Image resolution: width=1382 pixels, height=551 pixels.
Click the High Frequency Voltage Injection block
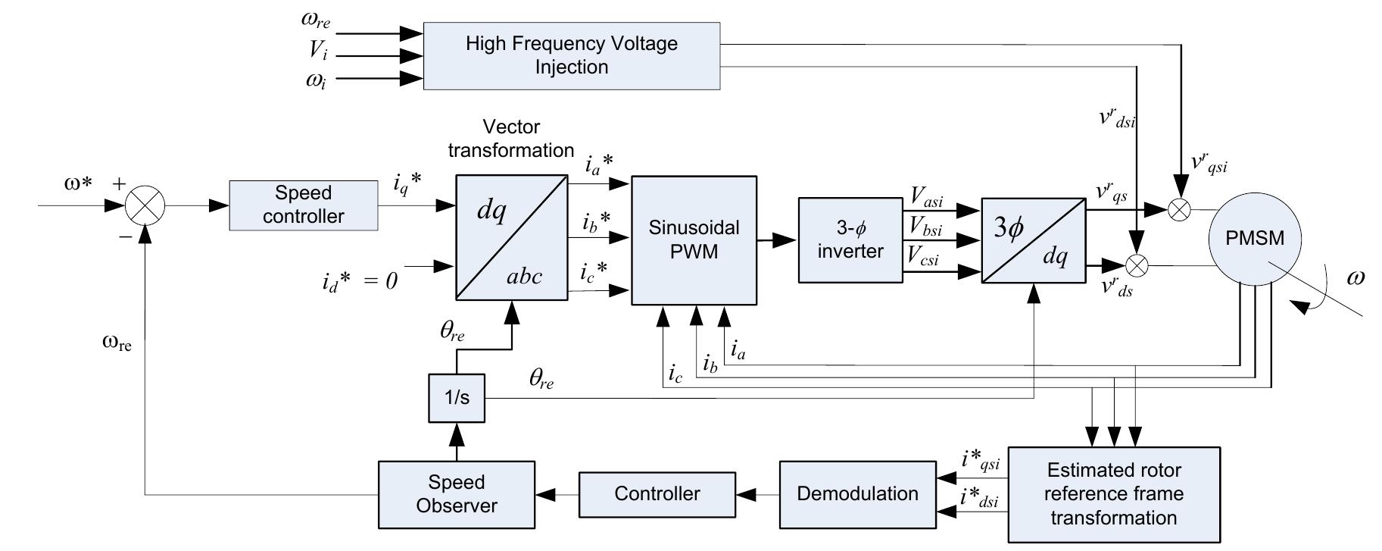[571, 55]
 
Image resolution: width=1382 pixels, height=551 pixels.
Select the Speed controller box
[303, 205]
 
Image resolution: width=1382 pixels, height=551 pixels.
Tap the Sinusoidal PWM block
[694, 239]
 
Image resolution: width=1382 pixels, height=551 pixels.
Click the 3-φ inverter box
[850, 239]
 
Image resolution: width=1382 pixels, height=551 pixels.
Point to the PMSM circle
[1255, 239]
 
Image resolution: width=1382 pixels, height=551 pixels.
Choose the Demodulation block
[857, 494]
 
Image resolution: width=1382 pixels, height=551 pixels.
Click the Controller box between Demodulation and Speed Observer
[657, 494]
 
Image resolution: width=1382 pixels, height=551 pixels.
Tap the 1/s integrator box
[456, 397]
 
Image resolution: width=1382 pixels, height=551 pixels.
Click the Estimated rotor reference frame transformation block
[1113, 494]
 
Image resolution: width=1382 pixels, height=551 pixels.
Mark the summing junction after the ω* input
[144, 205]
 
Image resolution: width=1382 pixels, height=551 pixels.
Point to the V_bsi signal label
[925, 226]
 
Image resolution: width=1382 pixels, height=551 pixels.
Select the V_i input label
[318, 51]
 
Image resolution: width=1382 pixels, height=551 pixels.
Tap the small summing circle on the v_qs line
[1178, 210]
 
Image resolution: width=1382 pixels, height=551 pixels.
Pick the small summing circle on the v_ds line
[1137, 265]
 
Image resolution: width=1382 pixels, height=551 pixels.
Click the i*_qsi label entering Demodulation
[980, 459]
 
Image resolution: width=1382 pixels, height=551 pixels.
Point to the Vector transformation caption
[510, 139]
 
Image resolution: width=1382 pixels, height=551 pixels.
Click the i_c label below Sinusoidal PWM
[675, 373]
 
